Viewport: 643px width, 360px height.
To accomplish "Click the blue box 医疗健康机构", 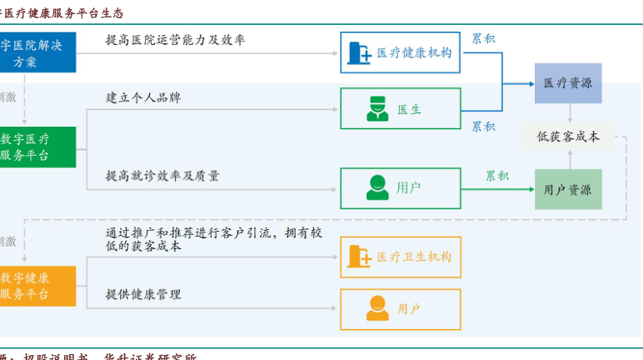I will (x=401, y=52).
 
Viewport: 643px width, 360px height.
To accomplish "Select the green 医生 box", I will (x=401, y=109).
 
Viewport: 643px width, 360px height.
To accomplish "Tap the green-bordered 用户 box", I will (x=401, y=188).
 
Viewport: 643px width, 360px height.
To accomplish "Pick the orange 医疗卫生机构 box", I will (x=401, y=257).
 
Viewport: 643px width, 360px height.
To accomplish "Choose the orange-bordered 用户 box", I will (x=401, y=309).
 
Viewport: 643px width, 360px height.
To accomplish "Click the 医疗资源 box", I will (x=567, y=83).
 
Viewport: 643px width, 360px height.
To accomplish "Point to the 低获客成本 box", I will (x=568, y=137).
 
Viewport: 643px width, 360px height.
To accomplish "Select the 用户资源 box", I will (x=567, y=190).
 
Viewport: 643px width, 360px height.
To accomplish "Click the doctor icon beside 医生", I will (x=377, y=109).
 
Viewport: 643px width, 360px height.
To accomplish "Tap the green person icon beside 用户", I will (x=377, y=188).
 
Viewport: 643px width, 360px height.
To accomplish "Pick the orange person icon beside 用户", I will (x=377, y=309).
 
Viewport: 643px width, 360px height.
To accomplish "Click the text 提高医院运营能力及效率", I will (x=175, y=40).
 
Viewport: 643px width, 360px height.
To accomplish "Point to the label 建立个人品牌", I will (x=143, y=97).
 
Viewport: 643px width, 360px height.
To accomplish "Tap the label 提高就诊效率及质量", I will (x=162, y=176).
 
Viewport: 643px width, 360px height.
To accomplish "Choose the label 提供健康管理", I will (x=143, y=294).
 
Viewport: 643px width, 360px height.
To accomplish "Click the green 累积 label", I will (x=497, y=176).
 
